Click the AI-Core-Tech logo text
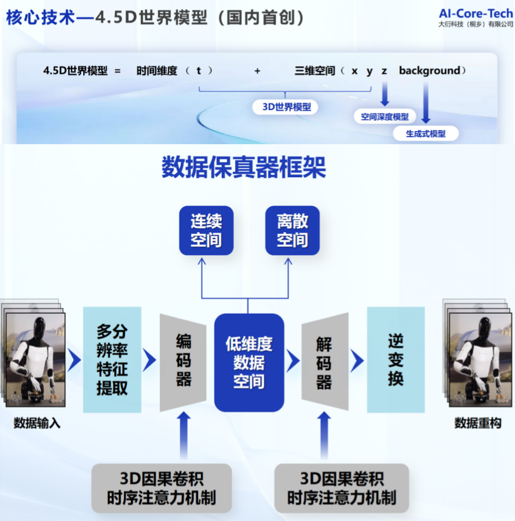pos(475,13)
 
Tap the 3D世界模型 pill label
pos(286,107)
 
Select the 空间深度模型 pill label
pos(385,116)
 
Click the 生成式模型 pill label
pos(425,133)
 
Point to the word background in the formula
pos(429,71)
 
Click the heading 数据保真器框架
pos(244,167)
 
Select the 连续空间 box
pos(206,230)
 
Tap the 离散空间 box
pos(292,230)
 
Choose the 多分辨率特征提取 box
pos(112,359)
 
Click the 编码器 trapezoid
pos(183,362)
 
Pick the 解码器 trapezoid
pos(324,362)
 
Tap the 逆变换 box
pos(395,360)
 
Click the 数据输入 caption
pos(37,423)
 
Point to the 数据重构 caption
pos(477,423)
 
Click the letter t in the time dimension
pos(199,71)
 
